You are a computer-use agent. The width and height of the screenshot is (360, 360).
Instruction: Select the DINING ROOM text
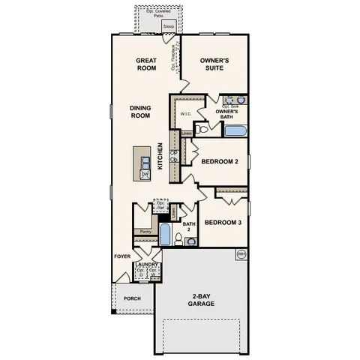click(x=139, y=112)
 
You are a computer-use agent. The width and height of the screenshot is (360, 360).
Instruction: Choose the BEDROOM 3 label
click(x=223, y=222)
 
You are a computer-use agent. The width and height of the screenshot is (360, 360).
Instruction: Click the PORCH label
click(x=132, y=298)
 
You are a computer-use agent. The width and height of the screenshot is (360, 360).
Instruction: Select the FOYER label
click(x=122, y=256)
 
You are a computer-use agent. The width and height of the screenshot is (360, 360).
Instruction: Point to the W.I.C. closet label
click(x=186, y=113)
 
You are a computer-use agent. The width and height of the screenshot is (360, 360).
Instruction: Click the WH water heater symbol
click(x=241, y=254)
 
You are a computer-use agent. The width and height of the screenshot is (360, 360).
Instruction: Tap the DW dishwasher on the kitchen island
click(x=145, y=174)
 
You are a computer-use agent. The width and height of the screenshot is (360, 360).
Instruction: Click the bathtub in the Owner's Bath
click(x=235, y=131)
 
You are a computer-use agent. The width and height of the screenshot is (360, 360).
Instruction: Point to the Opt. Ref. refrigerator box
click(x=160, y=205)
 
